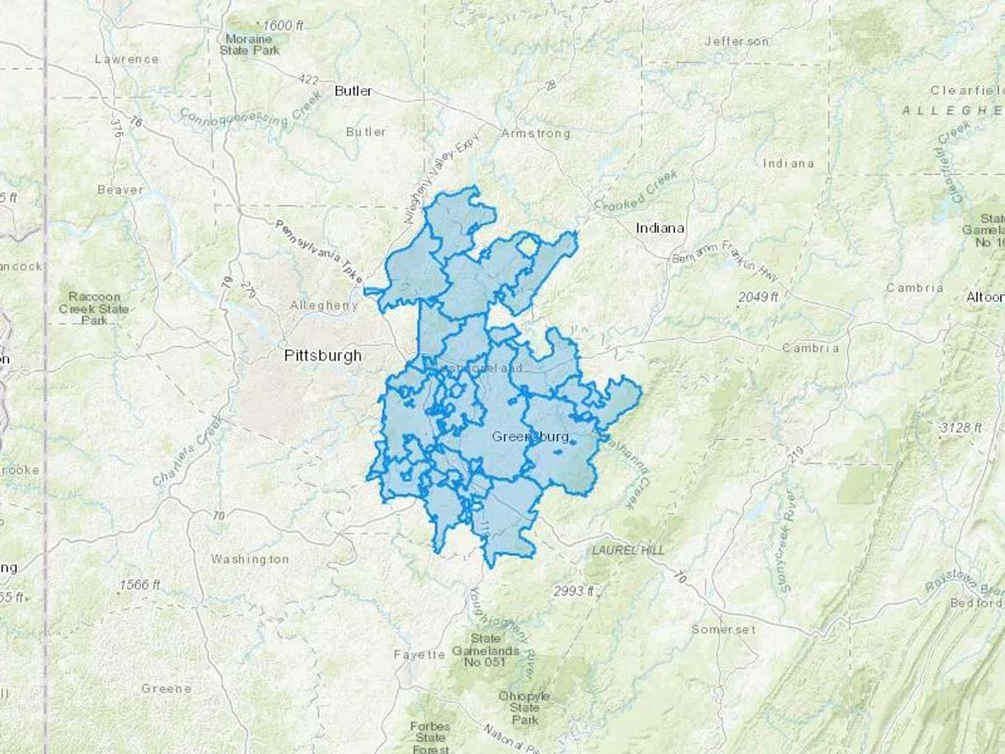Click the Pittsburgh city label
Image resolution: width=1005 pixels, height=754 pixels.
(x=323, y=356)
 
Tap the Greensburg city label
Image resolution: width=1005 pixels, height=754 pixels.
(x=530, y=436)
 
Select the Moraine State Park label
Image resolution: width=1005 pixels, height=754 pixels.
(x=249, y=45)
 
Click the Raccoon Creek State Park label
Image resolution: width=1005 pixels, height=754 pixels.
(x=94, y=308)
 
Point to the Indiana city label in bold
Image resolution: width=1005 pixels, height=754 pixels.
(x=660, y=228)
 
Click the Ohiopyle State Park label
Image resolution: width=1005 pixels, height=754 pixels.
(x=524, y=708)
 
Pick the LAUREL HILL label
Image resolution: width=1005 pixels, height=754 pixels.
(x=628, y=551)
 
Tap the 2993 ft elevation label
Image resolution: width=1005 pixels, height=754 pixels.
(x=574, y=591)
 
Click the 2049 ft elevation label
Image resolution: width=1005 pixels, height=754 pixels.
(x=758, y=297)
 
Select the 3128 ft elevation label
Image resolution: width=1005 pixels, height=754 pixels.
(x=960, y=428)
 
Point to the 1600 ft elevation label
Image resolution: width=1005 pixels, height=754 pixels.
(x=283, y=26)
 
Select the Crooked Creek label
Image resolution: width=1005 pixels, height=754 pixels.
(x=636, y=191)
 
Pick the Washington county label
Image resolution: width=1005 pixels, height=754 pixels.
(x=250, y=559)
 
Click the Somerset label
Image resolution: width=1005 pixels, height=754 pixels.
(x=724, y=629)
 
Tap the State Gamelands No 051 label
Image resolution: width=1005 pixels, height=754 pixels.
(x=485, y=650)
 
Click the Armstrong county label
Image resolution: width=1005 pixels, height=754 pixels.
(x=535, y=133)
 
